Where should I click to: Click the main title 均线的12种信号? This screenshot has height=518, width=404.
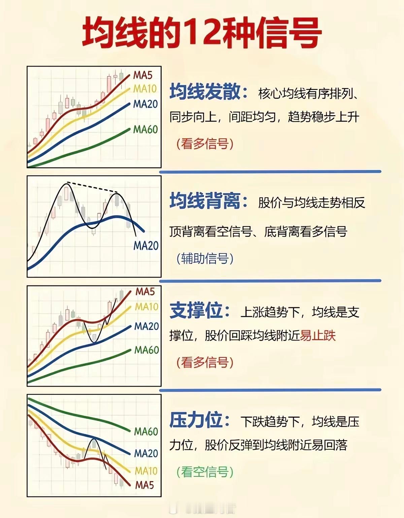pyautogui.click(x=202, y=33)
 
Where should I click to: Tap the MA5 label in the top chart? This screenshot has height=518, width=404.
pyautogui.click(x=142, y=75)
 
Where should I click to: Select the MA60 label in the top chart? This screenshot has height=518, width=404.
pyautogui.click(x=145, y=129)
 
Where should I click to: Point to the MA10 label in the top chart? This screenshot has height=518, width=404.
pyautogui.click(x=145, y=89)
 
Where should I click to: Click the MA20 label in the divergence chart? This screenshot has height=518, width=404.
pyautogui.click(x=146, y=246)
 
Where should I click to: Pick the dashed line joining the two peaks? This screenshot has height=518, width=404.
pyautogui.click(x=92, y=187)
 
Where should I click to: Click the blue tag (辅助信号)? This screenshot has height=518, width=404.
pyautogui.click(x=205, y=258)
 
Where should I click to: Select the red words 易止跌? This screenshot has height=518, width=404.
pyautogui.click(x=317, y=336)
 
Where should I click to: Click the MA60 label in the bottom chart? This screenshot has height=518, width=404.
pyautogui.click(x=146, y=431)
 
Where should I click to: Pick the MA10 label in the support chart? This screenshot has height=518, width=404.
pyautogui.click(x=146, y=306)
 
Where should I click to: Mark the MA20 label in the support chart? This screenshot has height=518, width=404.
pyautogui.click(x=146, y=326)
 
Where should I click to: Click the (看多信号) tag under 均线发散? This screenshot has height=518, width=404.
pyautogui.click(x=205, y=144)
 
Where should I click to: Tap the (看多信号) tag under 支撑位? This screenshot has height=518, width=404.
pyautogui.click(x=205, y=362)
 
